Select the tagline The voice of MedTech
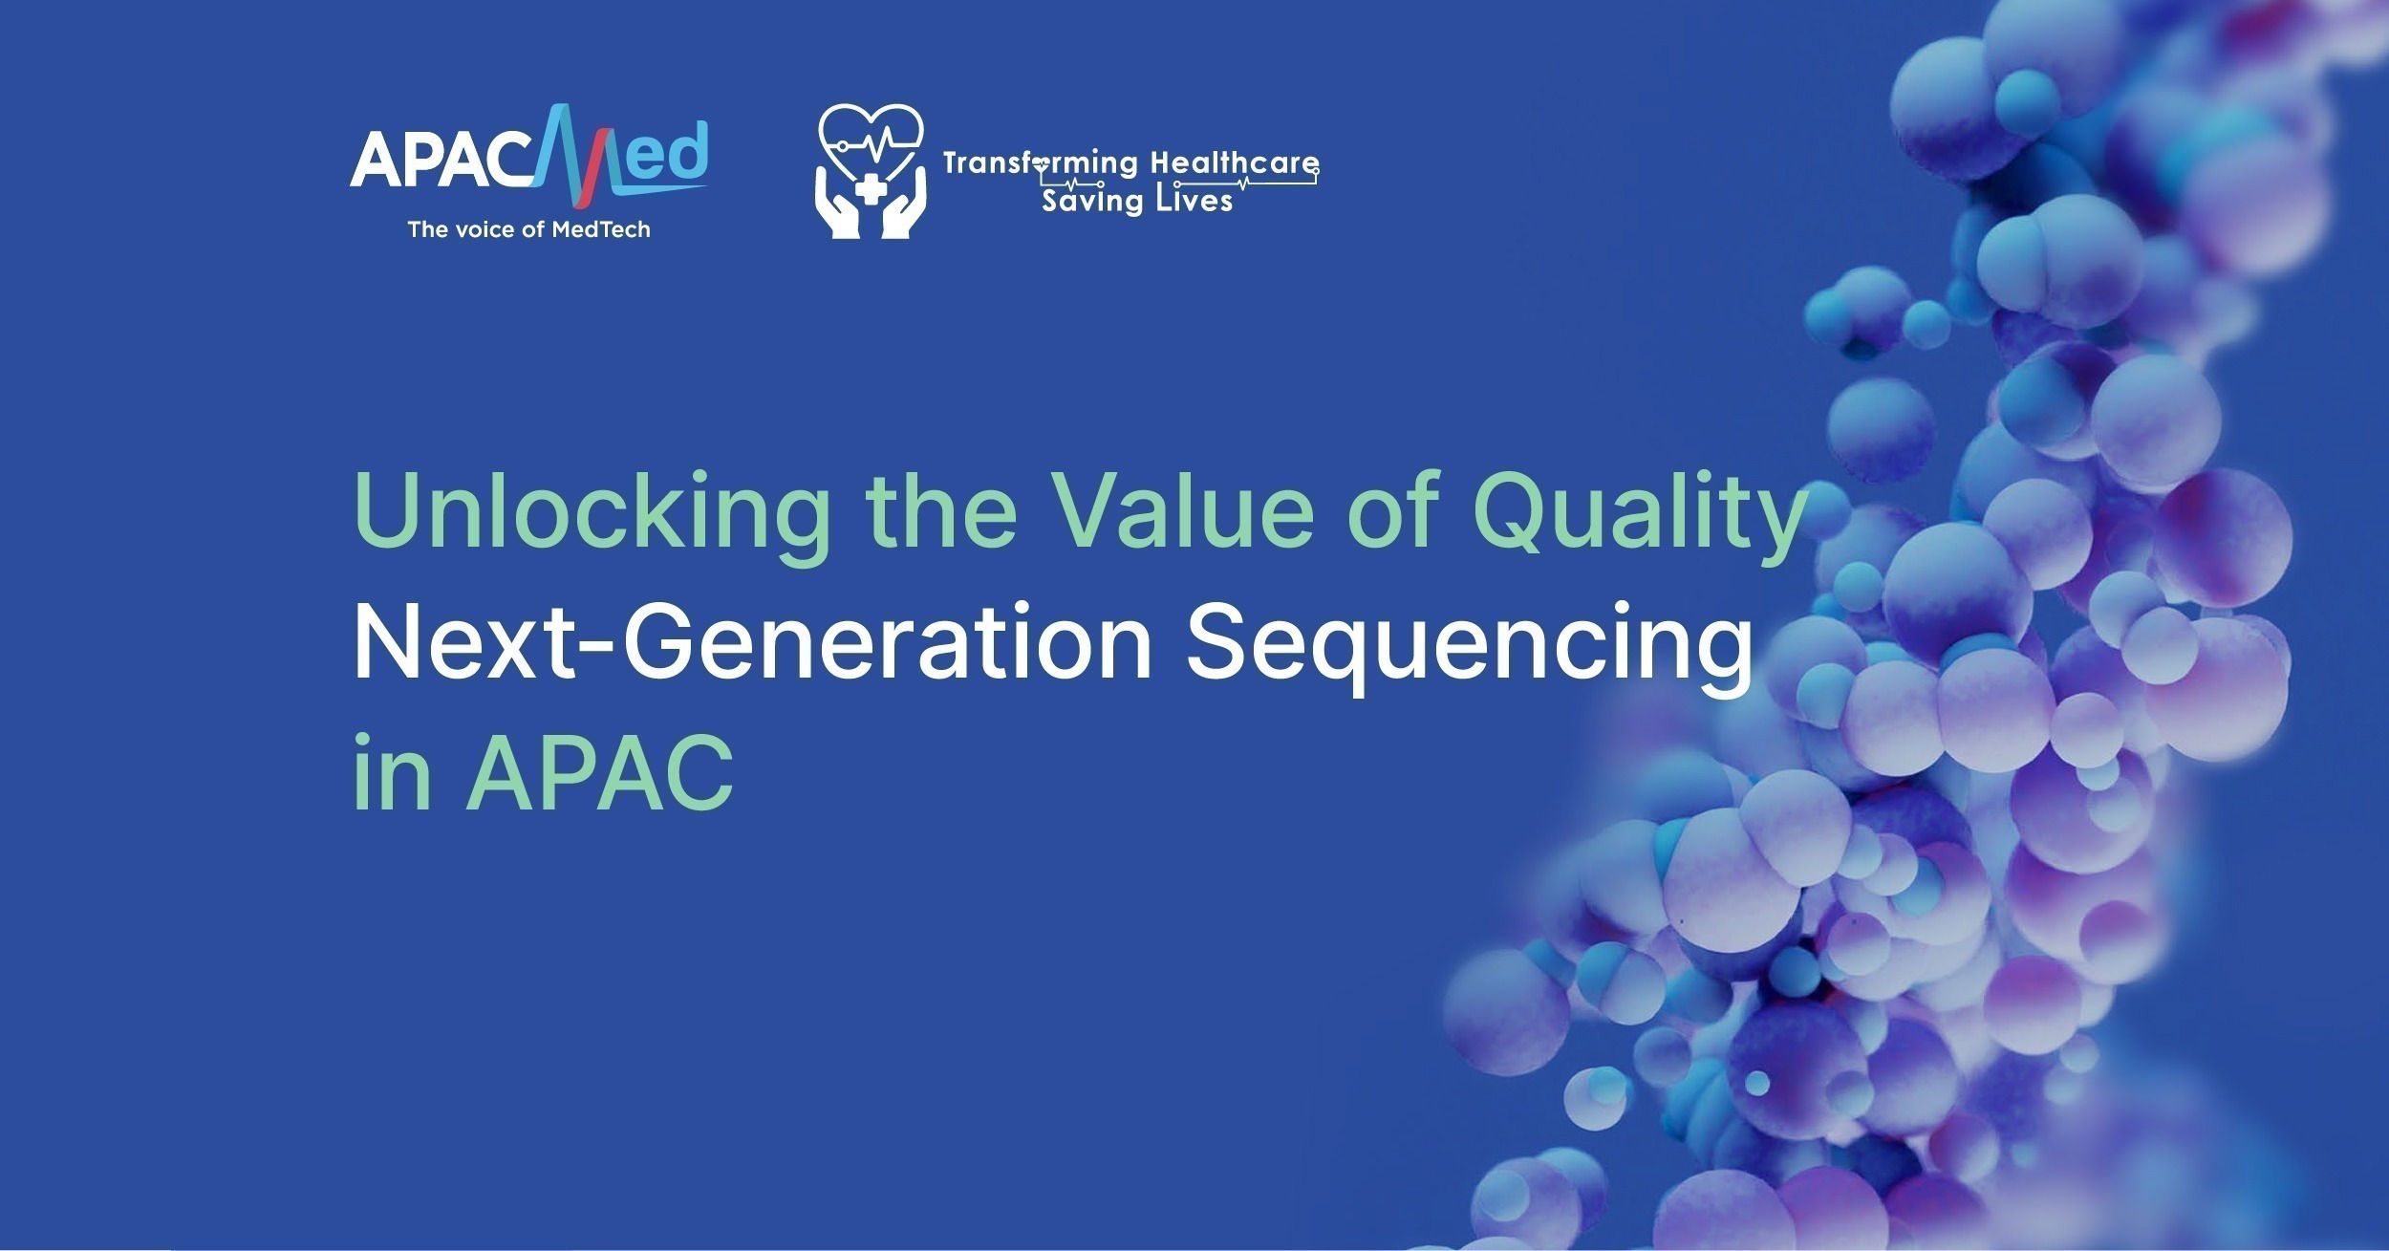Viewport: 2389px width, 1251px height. point(528,229)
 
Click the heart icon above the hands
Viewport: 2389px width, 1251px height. point(871,144)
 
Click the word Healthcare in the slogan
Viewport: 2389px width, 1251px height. point(1235,162)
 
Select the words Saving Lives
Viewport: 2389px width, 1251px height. point(1137,202)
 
